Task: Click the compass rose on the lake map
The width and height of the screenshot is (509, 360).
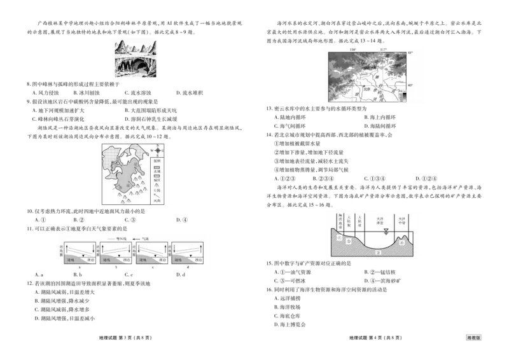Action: click(158, 151)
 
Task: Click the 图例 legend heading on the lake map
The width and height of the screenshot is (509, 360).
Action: click(157, 161)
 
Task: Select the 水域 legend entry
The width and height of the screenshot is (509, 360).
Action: click(157, 171)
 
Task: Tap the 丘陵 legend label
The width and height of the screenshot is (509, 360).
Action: click(157, 191)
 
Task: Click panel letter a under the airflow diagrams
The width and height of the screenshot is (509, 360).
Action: click(79, 267)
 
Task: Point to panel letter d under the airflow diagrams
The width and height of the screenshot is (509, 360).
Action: click(188, 267)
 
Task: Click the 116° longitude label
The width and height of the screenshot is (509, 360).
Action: click(353, 49)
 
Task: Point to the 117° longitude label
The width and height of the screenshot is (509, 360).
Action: click(383, 49)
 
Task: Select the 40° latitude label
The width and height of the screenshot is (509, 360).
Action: click(410, 85)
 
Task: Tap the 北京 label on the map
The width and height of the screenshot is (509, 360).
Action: click(365, 90)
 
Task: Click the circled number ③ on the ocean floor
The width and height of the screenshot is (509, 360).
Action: click(378, 252)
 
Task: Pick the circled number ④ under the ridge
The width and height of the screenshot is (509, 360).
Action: click(402, 242)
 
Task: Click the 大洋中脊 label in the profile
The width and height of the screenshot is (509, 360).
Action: click(402, 220)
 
